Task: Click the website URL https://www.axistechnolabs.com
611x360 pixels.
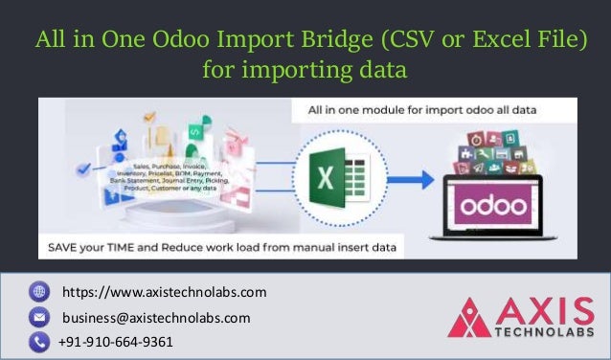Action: pyautogui.click(x=164, y=291)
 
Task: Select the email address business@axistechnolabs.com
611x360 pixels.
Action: pyautogui.click(x=156, y=317)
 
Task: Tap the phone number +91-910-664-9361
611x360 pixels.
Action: pyautogui.click(x=116, y=342)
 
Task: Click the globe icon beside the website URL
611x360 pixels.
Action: pyautogui.click(x=39, y=291)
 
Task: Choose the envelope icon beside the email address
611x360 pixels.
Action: pyautogui.click(x=39, y=317)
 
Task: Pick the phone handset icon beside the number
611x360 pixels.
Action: pyautogui.click(x=39, y=342)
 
